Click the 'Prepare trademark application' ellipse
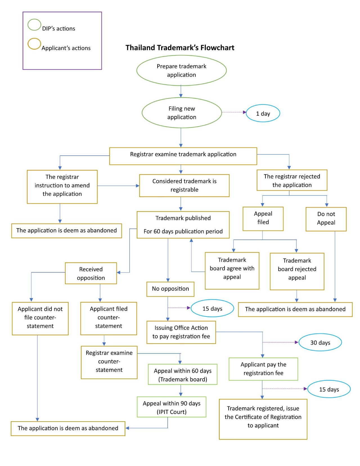(181, 70)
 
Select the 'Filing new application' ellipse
(182, 113)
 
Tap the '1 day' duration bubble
(263, 113)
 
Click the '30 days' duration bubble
(320, 342)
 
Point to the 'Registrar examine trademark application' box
(183, 156)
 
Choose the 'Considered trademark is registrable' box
(184, 185)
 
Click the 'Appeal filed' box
(263, 219)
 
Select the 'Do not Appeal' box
(326, 219)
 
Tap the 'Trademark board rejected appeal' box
(297, 271)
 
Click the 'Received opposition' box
(91, 273)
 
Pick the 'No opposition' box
(170, 289)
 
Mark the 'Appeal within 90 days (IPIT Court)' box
(172, 407)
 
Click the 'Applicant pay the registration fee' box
(263, 369)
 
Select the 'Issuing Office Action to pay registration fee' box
(181, 332)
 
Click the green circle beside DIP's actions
(34, 25)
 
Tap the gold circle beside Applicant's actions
(34, 44)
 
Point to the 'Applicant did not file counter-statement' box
(40, 318)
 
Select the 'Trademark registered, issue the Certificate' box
(263, 419)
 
